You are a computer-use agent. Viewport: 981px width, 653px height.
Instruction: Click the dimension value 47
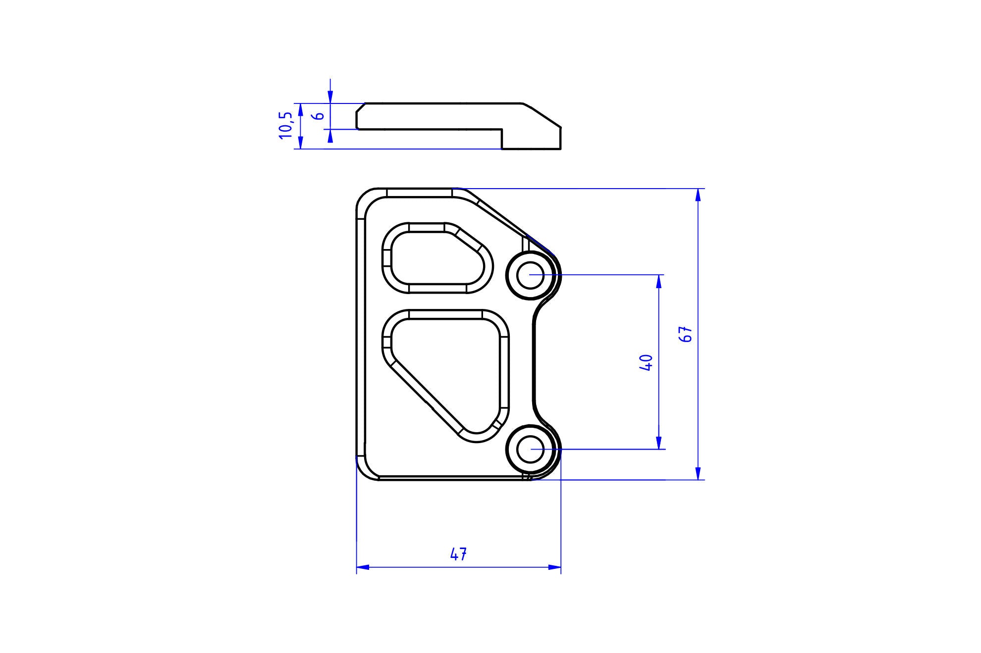[458, 554]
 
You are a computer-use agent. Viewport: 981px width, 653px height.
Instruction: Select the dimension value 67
[687, 335]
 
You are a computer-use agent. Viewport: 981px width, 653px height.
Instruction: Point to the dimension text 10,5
[286, 125]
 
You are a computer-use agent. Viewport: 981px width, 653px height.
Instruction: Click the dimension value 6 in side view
[320, 116]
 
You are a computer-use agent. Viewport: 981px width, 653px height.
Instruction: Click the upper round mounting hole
[530, 275]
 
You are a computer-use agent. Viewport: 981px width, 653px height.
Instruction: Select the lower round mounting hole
[530, 450]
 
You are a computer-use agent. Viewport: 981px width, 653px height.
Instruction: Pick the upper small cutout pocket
[436, 258]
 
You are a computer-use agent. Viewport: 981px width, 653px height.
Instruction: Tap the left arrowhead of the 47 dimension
[363, 567]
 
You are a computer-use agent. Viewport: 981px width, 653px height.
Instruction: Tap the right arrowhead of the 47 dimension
[555, 567]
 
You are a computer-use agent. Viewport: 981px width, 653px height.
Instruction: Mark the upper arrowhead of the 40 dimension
[658, 281]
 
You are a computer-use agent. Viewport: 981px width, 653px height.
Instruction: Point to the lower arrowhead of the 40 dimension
[658, 443]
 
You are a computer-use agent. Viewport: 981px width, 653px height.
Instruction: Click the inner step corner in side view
[502, 130]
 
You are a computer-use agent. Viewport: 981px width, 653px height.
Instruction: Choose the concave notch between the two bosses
[535, 361]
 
